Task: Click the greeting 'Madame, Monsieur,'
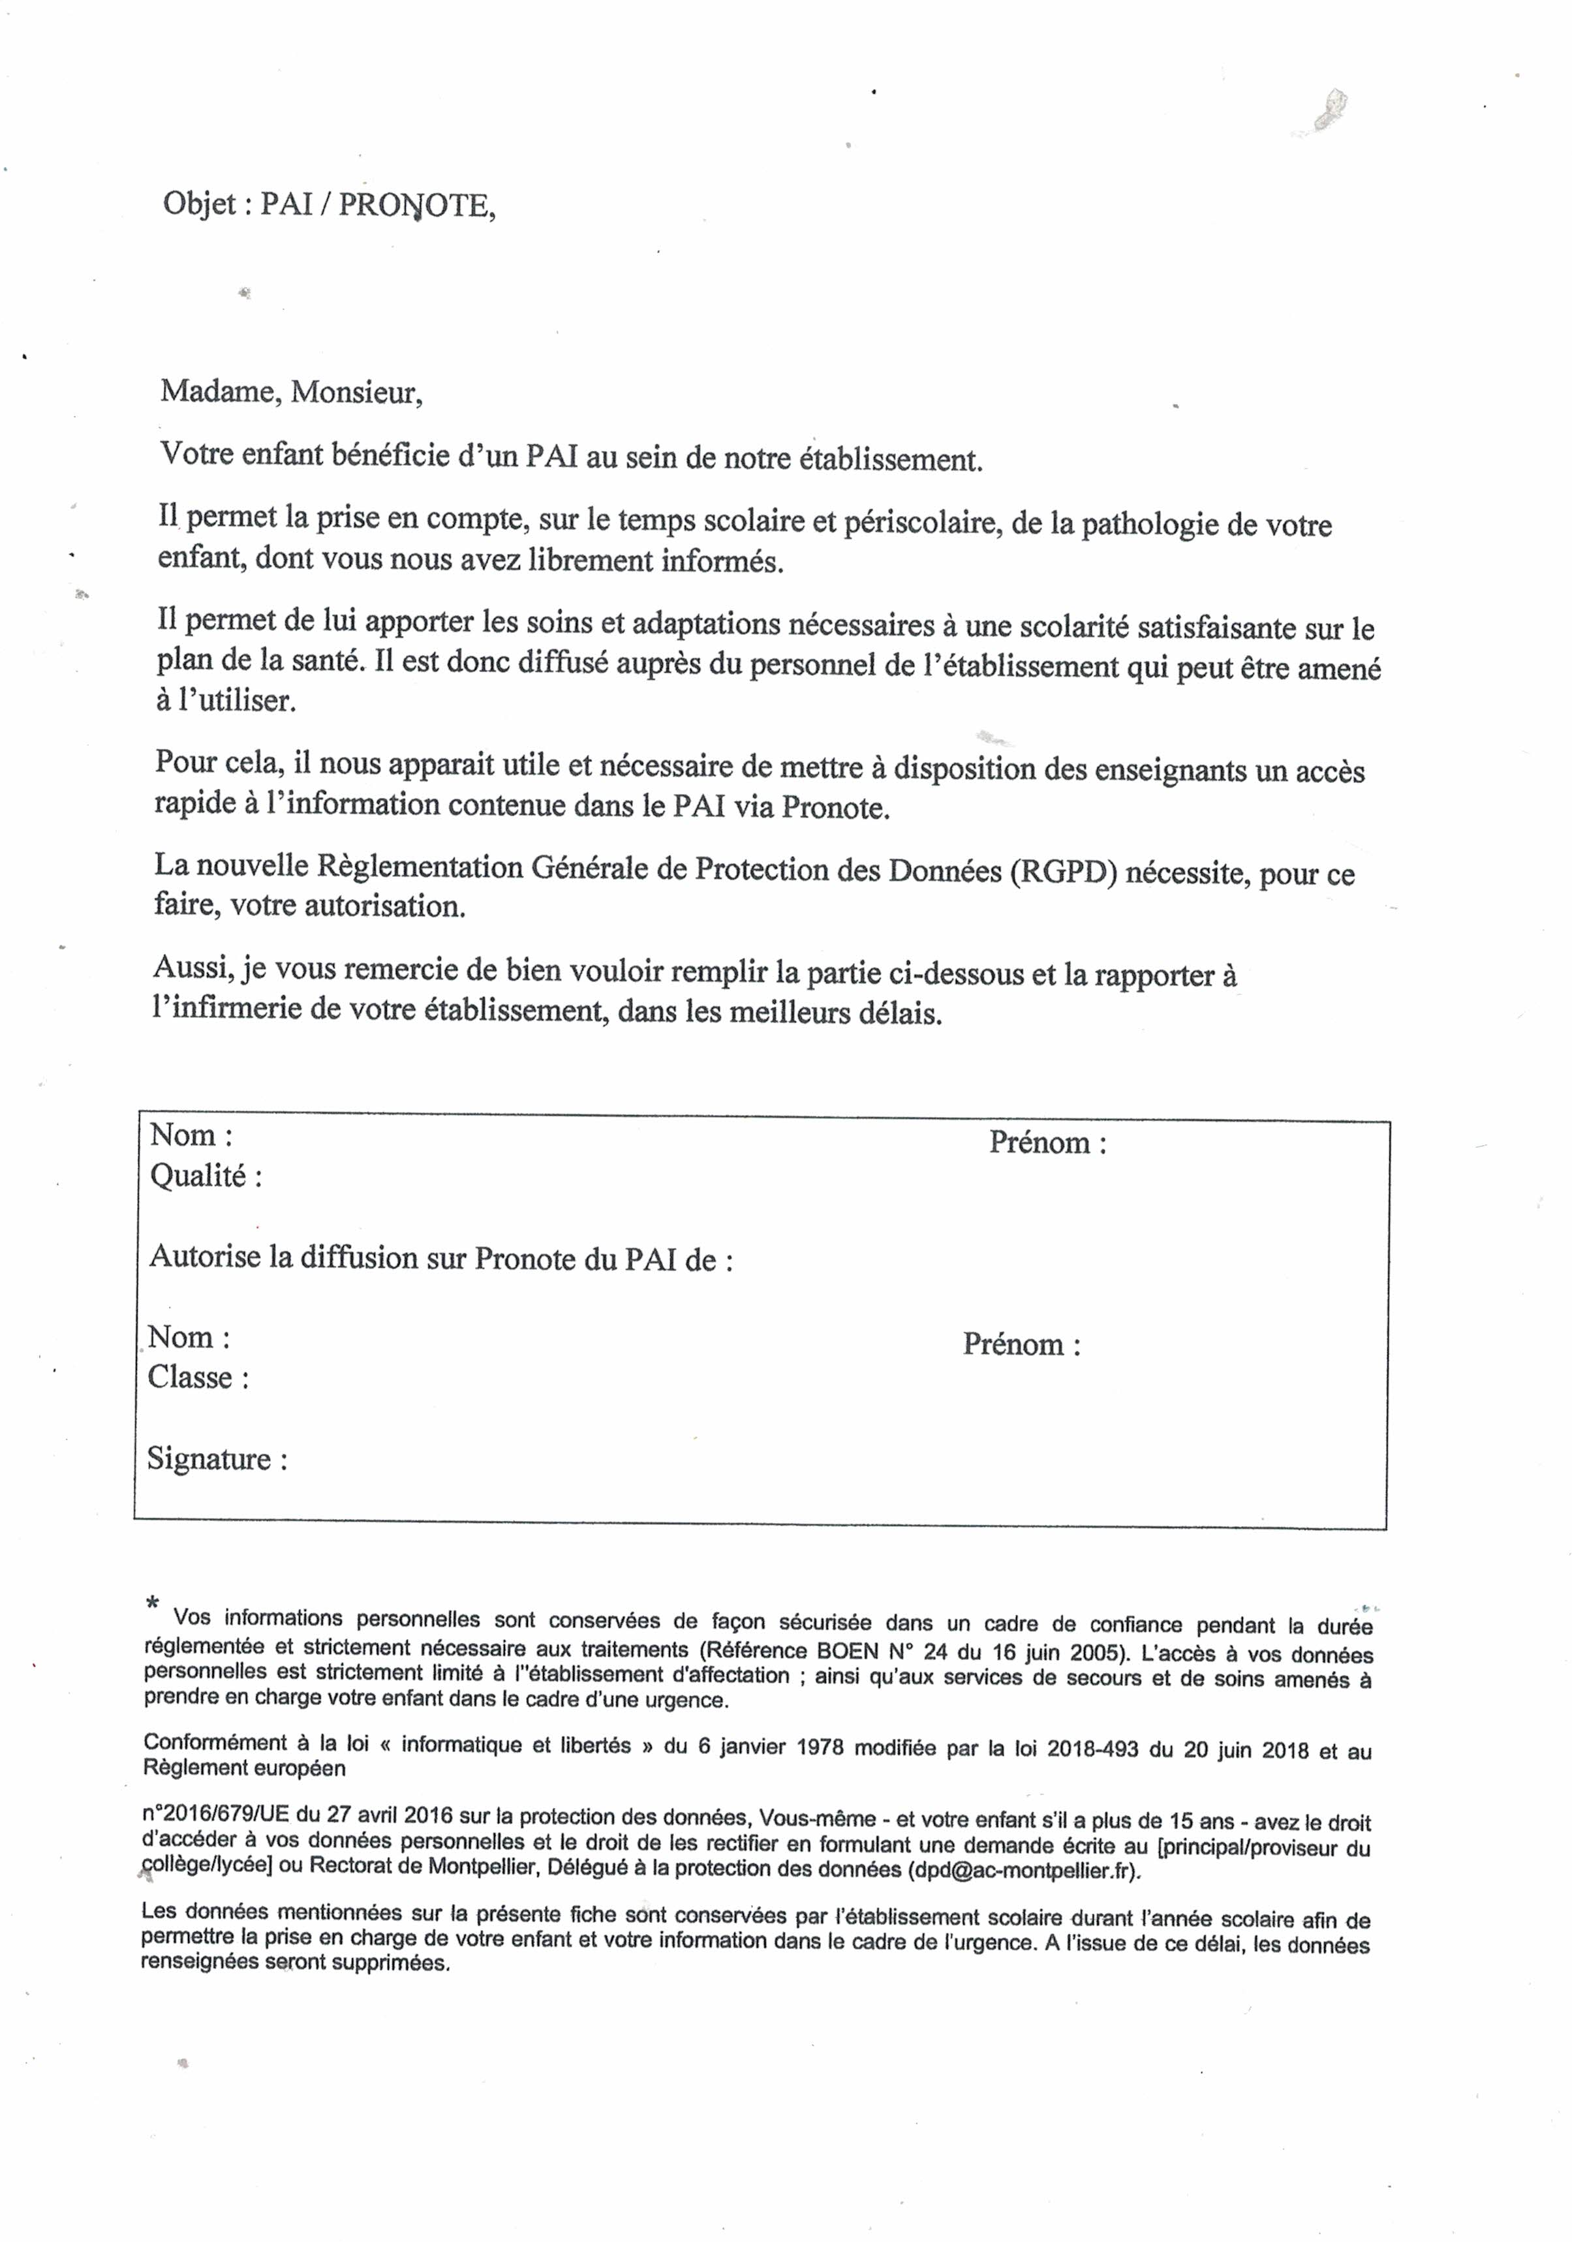pos(291,392)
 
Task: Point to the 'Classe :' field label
pos(198,1377)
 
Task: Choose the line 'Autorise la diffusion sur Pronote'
pos(439,1258)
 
